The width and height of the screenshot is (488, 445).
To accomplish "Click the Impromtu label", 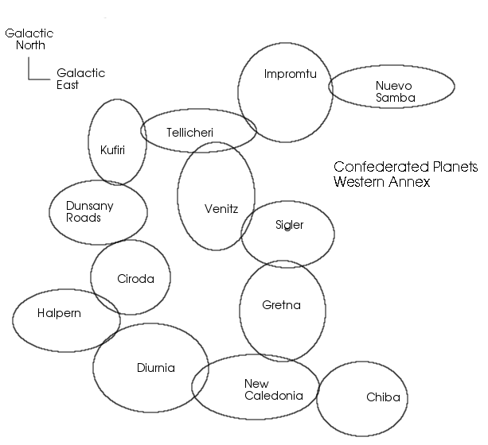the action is pyautogui.click(x=290, y=74).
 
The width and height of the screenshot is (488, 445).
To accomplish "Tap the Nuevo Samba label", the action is pyautogui.click(x=395, y=91).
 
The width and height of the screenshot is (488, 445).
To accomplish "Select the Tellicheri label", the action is pyautogui.click(x=189, y=133).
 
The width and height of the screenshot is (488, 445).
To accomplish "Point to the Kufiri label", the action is pyautogui.click(x=112, y=149).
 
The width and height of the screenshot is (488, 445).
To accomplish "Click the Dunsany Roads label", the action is pyautogui.click(x=90, y=211).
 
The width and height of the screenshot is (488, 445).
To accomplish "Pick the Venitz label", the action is pyautogui.click(x=221, y=208).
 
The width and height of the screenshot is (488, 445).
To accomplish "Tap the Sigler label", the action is pyautogui.click(x=289, y=225).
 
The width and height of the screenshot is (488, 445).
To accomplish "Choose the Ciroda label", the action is pyautogui.click(x=135, y=279).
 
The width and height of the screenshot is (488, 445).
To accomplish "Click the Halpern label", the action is pyautogui.click(x=59, y=313).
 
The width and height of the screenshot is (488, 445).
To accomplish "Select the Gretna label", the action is pyautogui.click(x=281, y=305).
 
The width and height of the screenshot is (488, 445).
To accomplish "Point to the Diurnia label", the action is pyautogui.click(x=155, y=368).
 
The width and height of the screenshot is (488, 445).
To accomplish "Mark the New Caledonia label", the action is pyautogui.click(x=274, y=389).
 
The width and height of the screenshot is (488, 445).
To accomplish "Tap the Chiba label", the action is pyautogui.click(x=383, y=397).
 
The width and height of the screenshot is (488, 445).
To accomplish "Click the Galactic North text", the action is pyautogui.click(x=29, y=39).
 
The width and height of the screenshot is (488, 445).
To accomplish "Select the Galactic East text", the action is pyautogui.click(x=80, y=79).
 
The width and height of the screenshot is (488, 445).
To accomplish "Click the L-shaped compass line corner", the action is pyautogui.click(x=29, y=79).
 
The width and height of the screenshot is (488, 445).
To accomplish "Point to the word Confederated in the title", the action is pyautogui.click(x=381, y=167).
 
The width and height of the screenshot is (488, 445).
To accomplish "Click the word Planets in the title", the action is pyautogui.click(x=455, y=167).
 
